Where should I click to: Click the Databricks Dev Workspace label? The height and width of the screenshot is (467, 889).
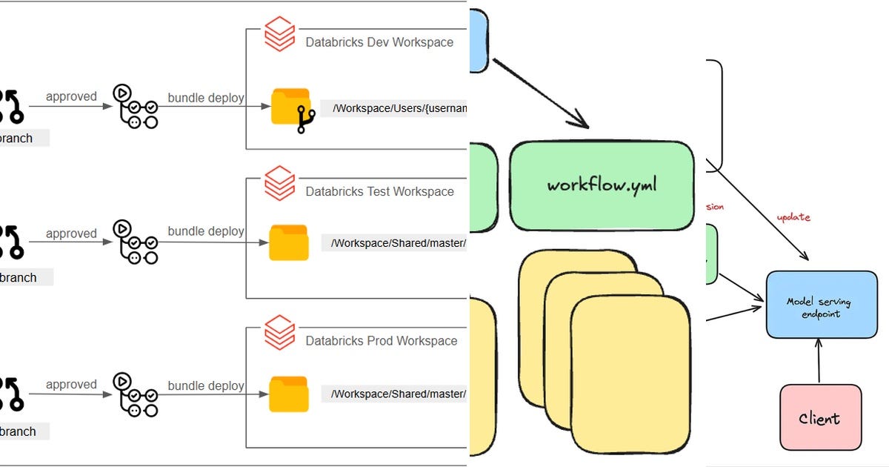click(x=379, y=42)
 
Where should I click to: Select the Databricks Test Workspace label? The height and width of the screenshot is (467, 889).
click(x=379, y=191)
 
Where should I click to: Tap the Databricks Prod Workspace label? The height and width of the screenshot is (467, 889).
click(x=381, y=341)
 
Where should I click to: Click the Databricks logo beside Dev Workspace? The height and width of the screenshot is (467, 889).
click(x=280, y=35)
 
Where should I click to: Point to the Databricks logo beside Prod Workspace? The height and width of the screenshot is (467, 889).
click(x=280, y=333)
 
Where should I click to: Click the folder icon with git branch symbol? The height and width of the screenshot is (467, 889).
click(x=291, y=108)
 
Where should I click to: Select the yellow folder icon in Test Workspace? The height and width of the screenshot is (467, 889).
click(x=289, y=242)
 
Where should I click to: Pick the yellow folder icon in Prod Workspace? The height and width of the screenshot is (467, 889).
click(x=289, y=394)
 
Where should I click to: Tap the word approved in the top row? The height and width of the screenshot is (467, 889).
click(x=71, y=96)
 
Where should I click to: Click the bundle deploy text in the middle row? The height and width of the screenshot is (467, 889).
click(x=206, y=231)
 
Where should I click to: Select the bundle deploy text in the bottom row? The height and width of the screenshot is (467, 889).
click(x=206, y=385)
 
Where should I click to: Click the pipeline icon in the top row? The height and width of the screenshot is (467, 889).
click(x=136, y=106)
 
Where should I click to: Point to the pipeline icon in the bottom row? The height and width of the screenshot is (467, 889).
click(x=136, y=394)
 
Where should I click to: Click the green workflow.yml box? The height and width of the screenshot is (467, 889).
click(x=602, y=185)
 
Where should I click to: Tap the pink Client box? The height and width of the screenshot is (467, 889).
click(x=820, y=417)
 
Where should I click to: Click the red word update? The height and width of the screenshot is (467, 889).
click(x=793, y=217)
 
